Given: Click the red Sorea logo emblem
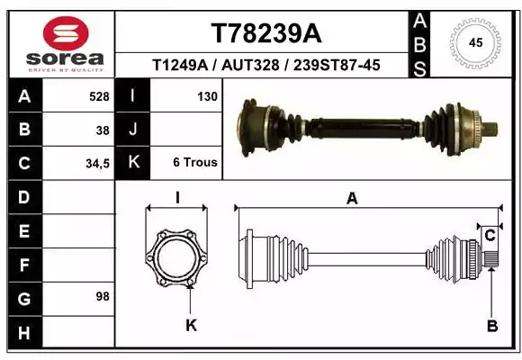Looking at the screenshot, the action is (x=66, y=33).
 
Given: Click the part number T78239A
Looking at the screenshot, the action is (x=266, y=33).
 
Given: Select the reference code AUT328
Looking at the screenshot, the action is (x=250, y=65).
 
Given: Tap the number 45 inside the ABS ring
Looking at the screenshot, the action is (x=475, y=42).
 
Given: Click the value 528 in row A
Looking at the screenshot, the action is (x=99, y=96).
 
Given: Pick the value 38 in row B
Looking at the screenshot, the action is (x=103, y=130).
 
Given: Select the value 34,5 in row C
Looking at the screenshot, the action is (x=97, y=164).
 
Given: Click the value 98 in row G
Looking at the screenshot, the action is (x=103, y=296).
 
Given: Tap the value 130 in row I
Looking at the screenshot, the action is (x=207, y=96).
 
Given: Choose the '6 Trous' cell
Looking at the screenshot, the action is (x=195, y=162).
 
